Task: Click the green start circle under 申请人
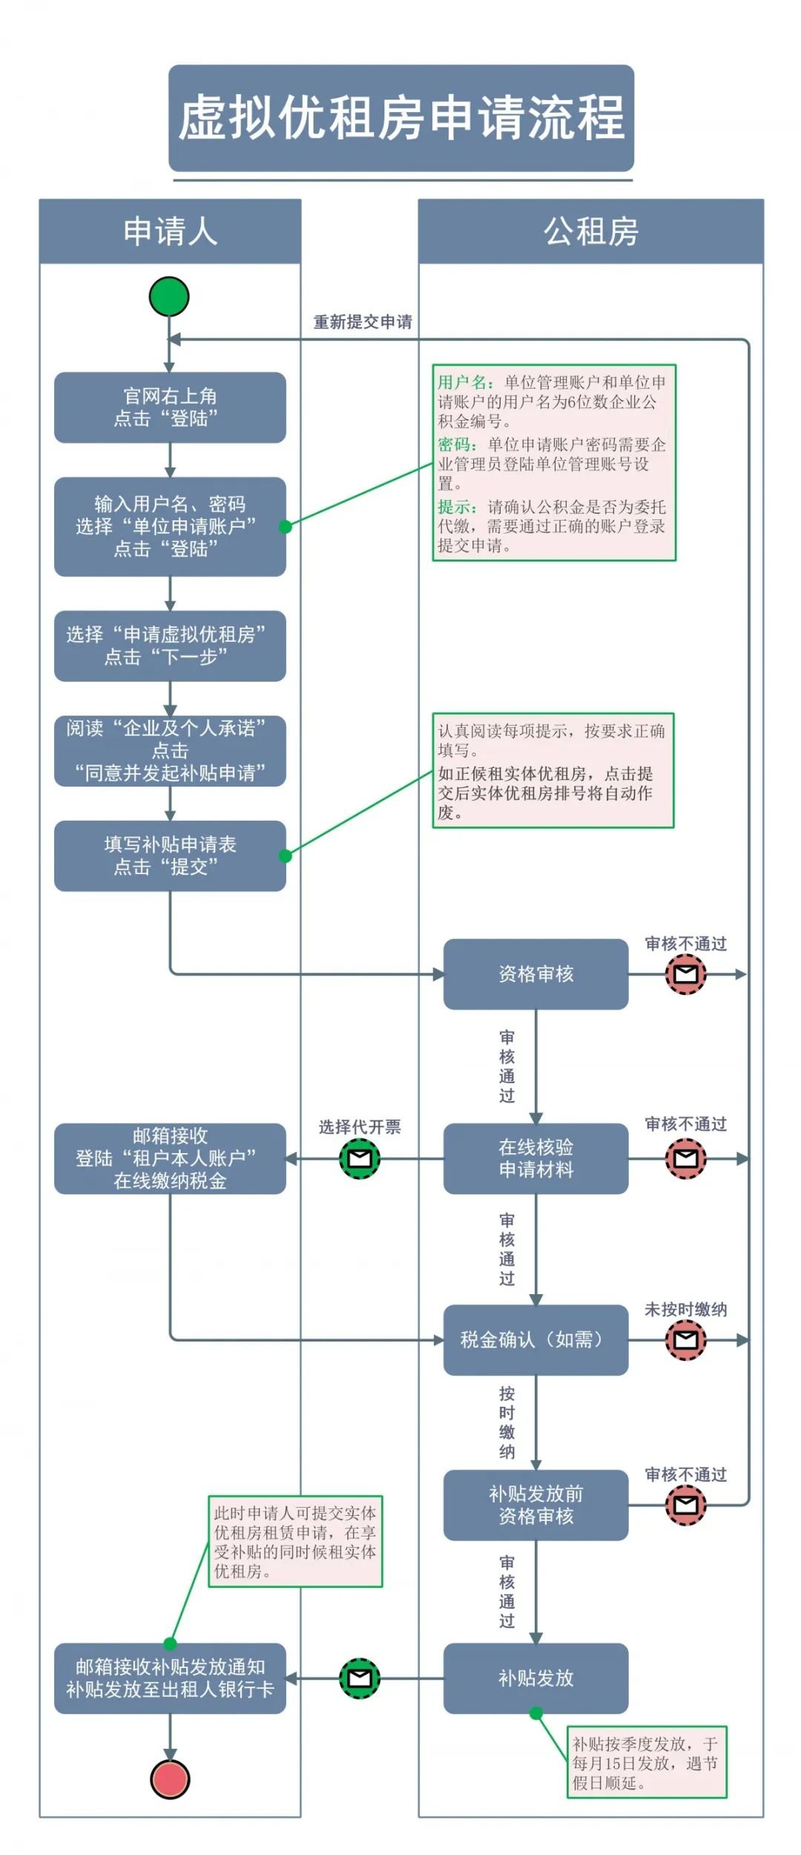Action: click(x=169, y=297)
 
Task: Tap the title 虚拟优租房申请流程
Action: click(x=401, y=118)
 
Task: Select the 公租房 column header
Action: click(x=590, y=232)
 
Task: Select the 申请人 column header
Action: click(x=170, y=232)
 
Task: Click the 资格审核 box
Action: click(x=535, y=974)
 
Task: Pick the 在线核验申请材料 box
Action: click(x=535, y=1158)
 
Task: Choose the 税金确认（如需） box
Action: click(x=535, y=1339)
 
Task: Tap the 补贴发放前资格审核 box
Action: click(x=535, y=1505)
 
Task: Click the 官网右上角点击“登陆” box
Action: click(x=170, y=407)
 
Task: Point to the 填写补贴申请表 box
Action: click(x=170, y=856)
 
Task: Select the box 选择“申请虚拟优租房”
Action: click(x=170, y=646)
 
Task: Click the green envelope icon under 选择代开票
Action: click(x=360, y=1158)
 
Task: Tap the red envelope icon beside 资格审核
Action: click(x=685, y=974)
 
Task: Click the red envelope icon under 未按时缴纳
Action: click(x=685, y=1339)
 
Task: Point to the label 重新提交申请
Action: click(x=363, y=322)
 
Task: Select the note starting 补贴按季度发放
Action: click(x=646, y=1762)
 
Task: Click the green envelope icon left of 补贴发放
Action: click(x=360, y=1678)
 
